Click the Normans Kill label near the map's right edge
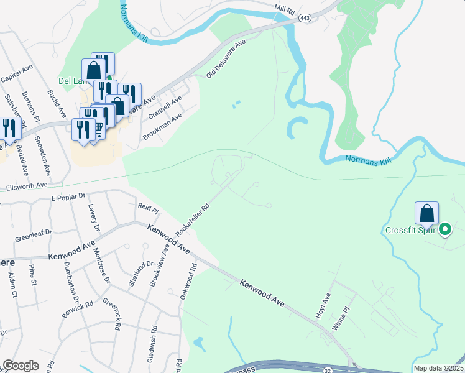369,160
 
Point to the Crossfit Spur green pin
444,230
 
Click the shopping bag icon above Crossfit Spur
427,213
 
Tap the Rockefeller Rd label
191,217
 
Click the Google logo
21,366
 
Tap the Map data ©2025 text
438,368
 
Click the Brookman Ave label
162,126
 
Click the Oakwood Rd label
189,282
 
